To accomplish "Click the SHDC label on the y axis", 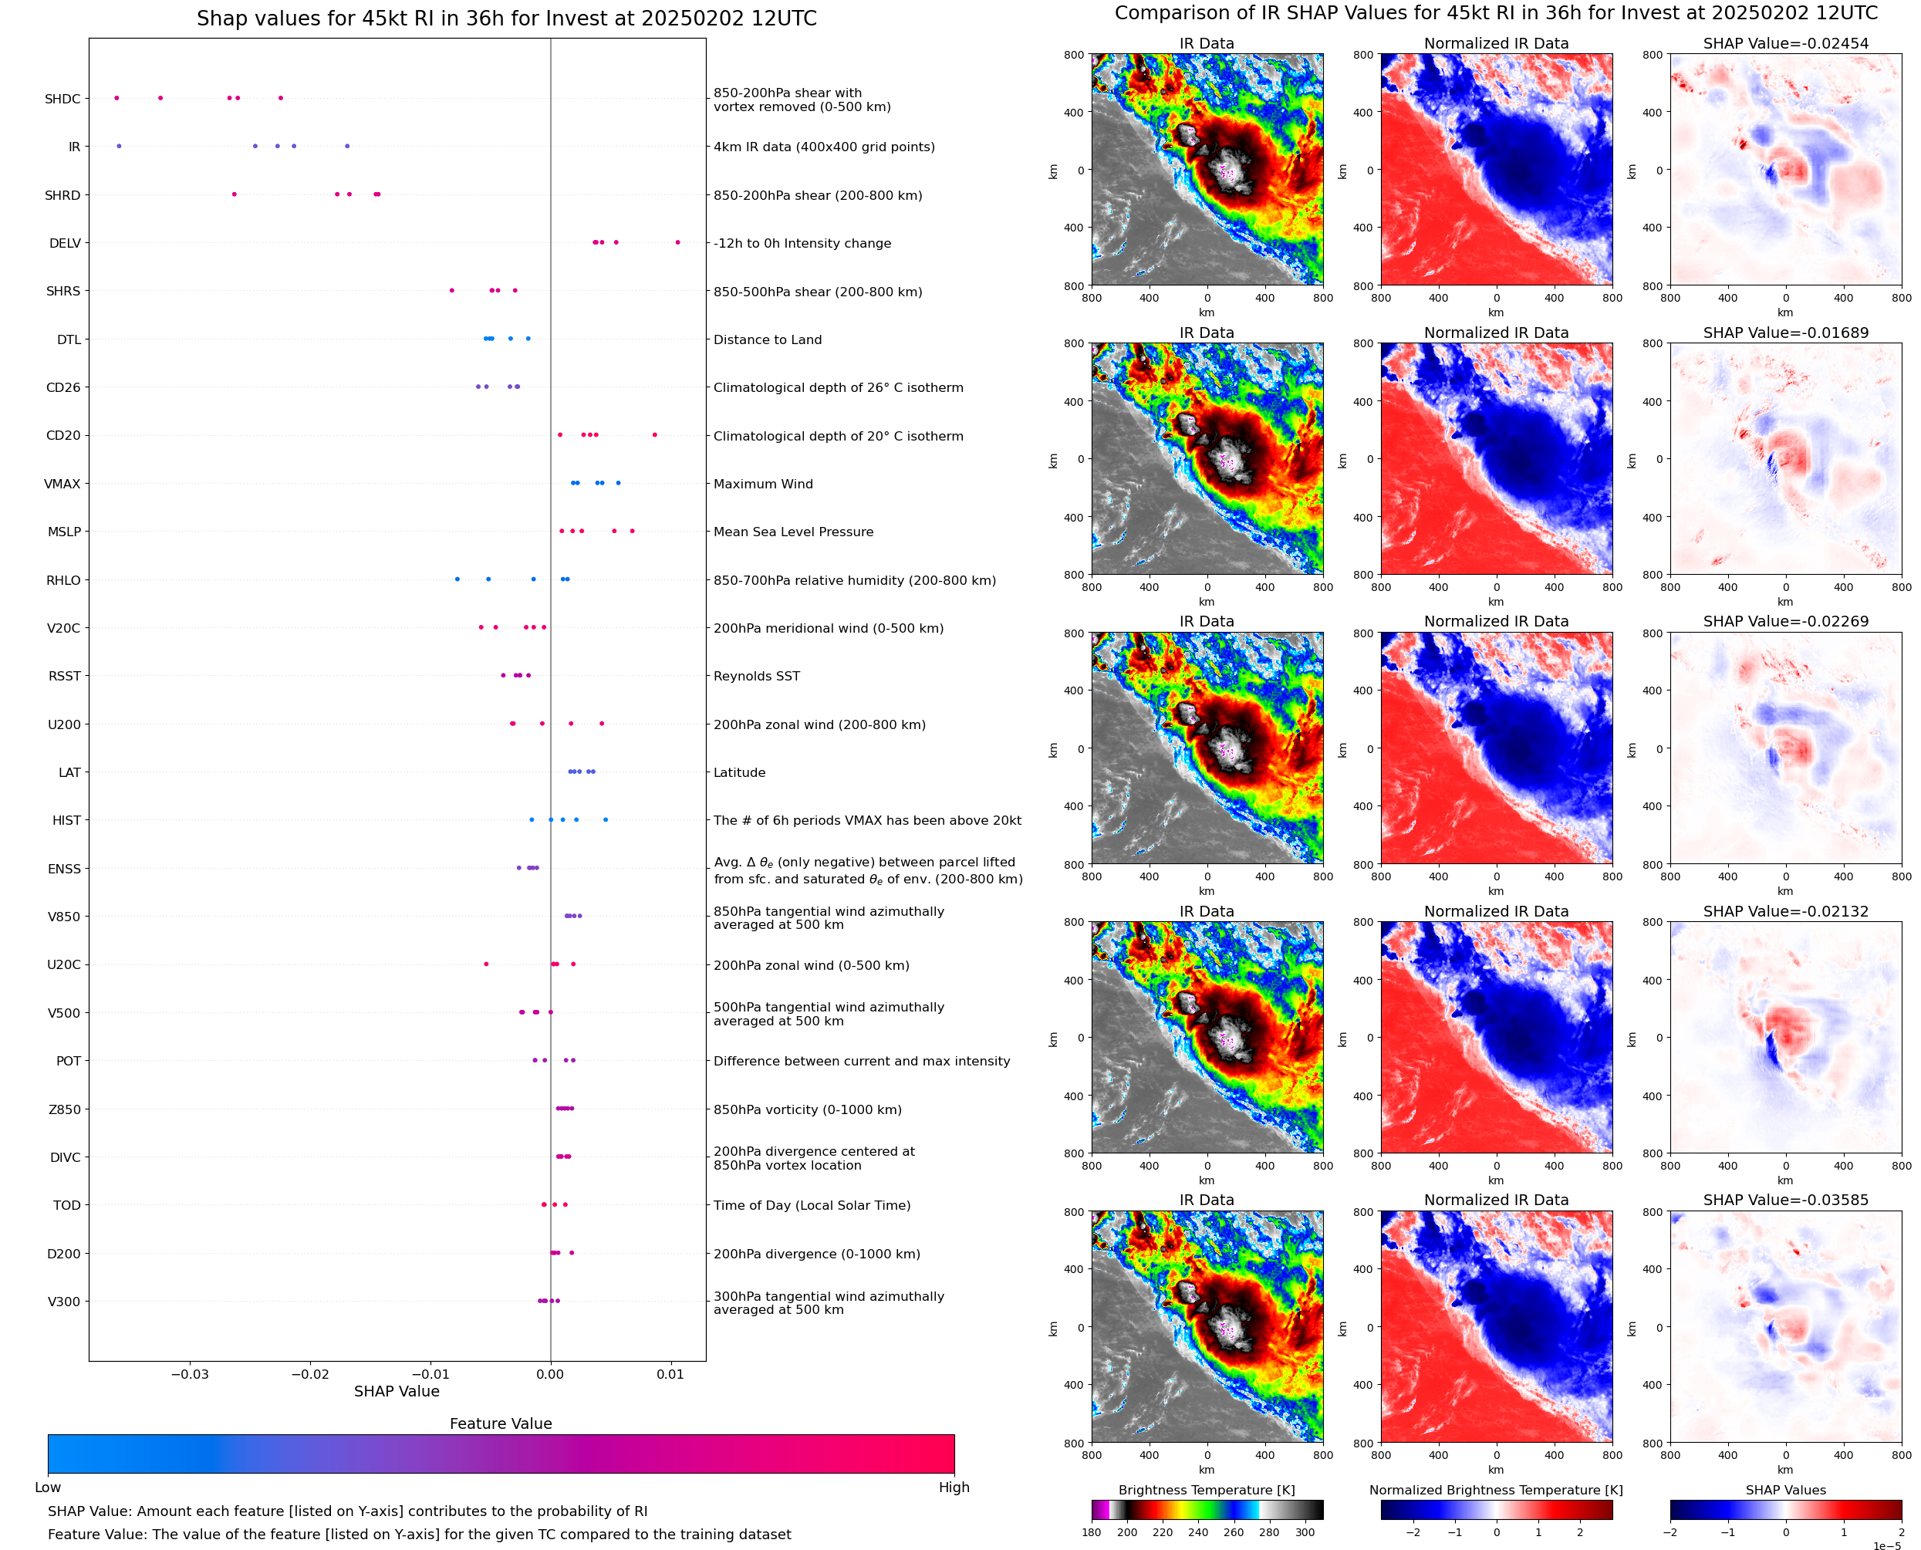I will tap(62, 99).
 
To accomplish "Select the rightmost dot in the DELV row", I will tap(677, 243).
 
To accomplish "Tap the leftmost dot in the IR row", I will tap(119, 147).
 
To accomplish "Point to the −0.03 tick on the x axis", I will tap(189, 1374).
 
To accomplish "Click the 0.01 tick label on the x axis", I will tap(670, 1374).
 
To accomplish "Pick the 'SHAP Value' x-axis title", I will tap(397, 1391).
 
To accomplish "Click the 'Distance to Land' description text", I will tap(767, 339).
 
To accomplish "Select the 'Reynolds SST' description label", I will tap(756, 676).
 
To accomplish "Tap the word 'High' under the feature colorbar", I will tap(954, 1487).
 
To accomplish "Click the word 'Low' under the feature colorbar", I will tap(47, 1487).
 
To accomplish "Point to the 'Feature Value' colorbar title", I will tap(500, 1423).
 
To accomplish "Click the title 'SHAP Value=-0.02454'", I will tap(1785, 44).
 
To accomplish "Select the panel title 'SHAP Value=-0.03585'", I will tap(1785, 1200).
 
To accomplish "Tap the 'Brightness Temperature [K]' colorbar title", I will tap(1206, 1490).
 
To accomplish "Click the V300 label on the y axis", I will tap(63, 1302).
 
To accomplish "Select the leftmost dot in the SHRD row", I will tap(234, 194).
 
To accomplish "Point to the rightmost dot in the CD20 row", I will tap(654, 435).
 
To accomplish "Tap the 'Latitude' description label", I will tap(739, 772).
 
